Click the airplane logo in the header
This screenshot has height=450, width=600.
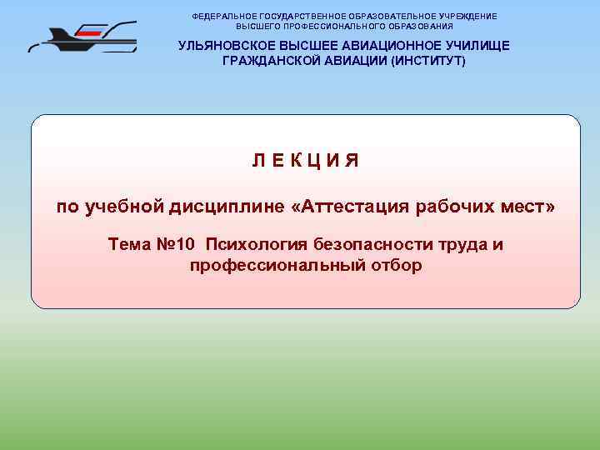click(x=82, y=37)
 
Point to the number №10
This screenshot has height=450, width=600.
click(x=175, y=245)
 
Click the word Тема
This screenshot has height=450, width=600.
click(x=130, y=245)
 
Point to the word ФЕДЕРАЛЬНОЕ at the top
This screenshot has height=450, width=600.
click(x=224, y=16)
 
